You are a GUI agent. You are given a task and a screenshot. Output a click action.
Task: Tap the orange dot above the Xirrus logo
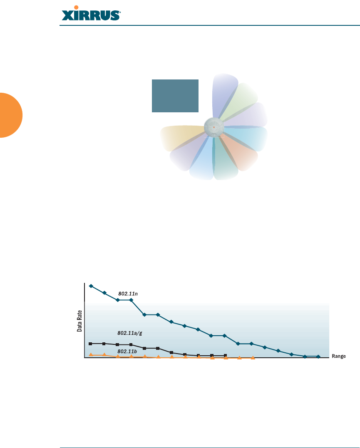[x=76, y=7]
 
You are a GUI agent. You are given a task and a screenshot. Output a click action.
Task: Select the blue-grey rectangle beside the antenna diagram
[x=175, y=96]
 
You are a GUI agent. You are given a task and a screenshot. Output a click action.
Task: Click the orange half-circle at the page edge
[x=11, y=115]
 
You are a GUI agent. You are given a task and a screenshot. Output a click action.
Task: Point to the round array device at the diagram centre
[x=214, y=127]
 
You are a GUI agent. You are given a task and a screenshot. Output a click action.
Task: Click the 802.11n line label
[x=128, y=294]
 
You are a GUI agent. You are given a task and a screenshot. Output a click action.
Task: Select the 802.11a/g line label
[x=130, y=333]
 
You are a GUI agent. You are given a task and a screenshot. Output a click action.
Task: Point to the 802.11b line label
[x=127, y=351]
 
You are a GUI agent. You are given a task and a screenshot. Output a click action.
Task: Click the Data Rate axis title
[x=79, y=321]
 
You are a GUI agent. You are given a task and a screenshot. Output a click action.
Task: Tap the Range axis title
[x=339, y=356]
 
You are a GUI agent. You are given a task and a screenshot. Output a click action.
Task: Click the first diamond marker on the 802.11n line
[x=91, y=286]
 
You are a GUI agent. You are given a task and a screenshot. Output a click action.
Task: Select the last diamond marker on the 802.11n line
[x=318, y=356]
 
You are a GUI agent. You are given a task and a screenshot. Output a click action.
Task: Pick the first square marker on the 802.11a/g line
[x=90, y=344]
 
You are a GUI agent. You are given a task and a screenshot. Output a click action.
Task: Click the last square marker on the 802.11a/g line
[x=225, y=356]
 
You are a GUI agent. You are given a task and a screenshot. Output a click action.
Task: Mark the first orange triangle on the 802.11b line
[x=91, y=354]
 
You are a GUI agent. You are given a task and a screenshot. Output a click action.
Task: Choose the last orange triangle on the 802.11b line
[x=253, y=358]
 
